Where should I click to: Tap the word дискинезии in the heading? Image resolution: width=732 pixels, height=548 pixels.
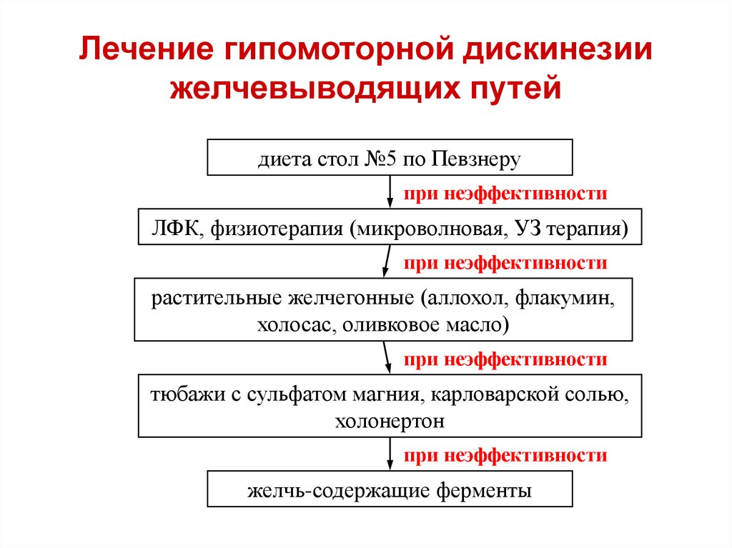pos(558,50)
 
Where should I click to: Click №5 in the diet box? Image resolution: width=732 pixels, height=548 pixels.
pos(380,159)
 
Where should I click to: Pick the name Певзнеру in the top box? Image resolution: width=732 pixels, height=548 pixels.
pos(475,160)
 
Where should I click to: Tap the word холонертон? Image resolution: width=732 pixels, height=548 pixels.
pos(390,422)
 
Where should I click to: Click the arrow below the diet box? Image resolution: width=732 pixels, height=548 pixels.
pos(390,191)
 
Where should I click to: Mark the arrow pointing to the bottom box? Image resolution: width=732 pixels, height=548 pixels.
pos(390,454)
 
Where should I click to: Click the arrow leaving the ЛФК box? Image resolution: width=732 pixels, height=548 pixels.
pos(387,261)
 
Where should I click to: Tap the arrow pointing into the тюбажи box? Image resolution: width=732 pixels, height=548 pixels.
pos(387,357)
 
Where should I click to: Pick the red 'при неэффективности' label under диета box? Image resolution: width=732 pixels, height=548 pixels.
pos(505,194)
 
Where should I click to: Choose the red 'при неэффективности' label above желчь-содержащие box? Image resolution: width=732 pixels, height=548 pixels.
pos(505,456)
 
